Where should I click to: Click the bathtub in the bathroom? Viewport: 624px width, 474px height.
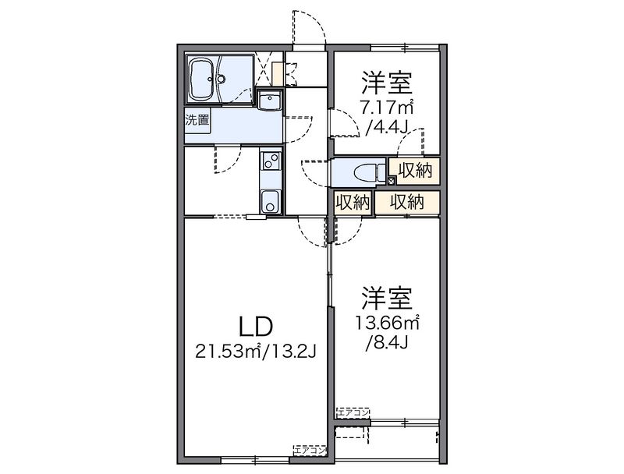[207, 78]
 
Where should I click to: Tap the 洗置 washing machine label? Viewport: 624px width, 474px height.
[197, 120]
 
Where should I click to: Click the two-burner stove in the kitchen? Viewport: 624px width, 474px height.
[270, 162]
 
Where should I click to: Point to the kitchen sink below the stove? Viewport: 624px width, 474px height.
[270, 200]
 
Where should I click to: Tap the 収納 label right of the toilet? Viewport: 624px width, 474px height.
[414, 169]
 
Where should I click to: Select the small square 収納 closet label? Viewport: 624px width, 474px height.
[352, 202]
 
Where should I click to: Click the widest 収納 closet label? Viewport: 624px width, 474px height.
[406, 202]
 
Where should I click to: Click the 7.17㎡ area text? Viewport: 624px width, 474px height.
[386, 107]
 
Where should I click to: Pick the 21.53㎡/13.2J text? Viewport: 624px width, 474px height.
[255, 352]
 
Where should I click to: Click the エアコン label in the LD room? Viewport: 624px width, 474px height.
[310, 450]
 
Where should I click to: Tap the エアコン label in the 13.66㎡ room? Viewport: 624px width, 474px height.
[354, 411]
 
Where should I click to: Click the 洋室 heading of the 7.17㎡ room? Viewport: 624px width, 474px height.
[385, 83]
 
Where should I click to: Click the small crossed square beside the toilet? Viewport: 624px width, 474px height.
[392, 181]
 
